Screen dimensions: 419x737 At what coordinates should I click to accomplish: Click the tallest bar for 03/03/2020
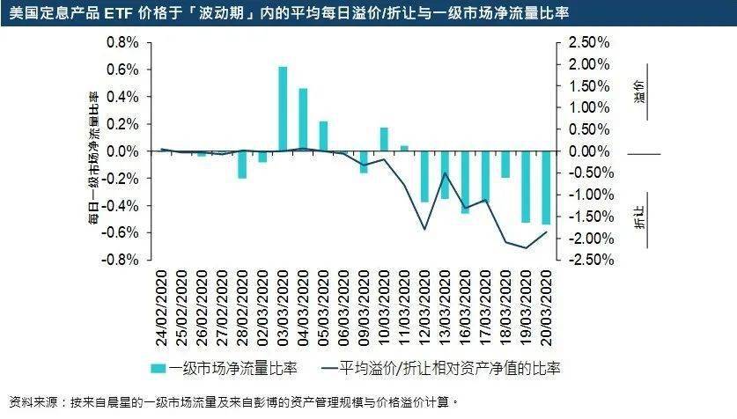click(x=283, y=109)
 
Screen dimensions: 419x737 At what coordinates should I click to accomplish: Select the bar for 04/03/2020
click(x=303, y=120)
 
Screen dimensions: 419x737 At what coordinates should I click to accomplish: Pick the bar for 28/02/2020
click(x=242, y=165)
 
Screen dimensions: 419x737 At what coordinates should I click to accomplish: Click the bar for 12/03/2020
click(x=424, y=177)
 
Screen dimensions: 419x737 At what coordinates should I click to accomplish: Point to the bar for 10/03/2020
click(x=384, y=140)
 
